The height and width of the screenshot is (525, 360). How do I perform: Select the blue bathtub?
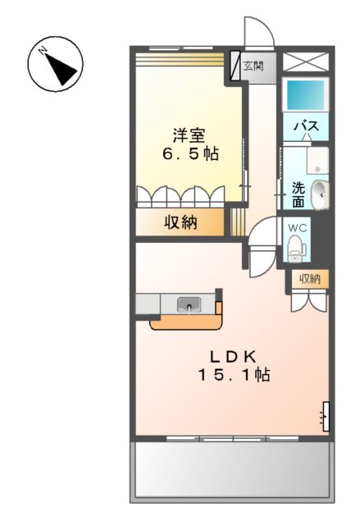tap(306, 96)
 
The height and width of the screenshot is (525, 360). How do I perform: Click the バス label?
tap(306, 126)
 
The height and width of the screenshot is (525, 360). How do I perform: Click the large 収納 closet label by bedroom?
tap(180, 221)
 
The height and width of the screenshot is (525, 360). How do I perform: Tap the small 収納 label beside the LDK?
tap(310, 279)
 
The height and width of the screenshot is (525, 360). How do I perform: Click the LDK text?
tap(233, 356)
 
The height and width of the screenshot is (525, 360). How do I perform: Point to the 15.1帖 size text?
tap(233, 376)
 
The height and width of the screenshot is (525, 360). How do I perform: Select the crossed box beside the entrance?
tap(304, 62)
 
